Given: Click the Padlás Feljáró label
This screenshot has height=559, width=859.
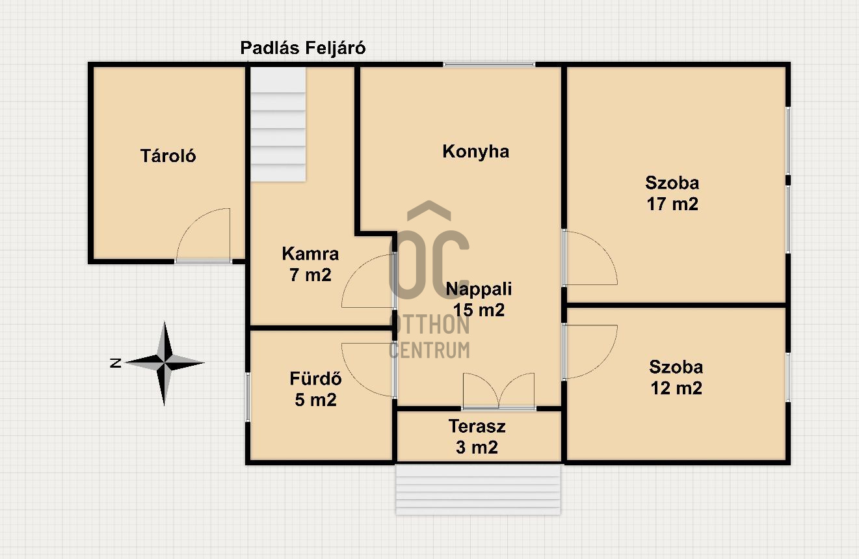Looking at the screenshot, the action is tap(302, 48).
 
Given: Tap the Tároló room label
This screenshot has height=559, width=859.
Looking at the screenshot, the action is tap(168, 156).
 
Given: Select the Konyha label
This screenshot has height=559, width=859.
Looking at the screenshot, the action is tap(475, 152).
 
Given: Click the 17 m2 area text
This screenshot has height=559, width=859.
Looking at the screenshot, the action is tap(672, 204).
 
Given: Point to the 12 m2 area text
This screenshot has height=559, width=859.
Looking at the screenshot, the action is tap(676, 388).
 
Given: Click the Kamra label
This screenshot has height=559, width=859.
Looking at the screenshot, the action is tap(310, 254).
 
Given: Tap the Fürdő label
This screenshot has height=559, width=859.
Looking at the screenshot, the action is tap(315, 378).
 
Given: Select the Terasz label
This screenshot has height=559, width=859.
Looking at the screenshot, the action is tap(477, 426).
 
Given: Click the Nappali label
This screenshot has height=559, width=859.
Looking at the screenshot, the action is tap(479, 289).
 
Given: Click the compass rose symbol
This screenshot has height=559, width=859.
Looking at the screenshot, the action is tap(165, 363).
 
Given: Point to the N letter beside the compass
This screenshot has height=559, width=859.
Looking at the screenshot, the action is tap(116, 363).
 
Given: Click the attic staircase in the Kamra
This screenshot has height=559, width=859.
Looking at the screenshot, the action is tap(278, 124).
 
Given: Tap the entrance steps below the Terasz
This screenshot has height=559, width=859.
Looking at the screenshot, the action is tap(478, 489).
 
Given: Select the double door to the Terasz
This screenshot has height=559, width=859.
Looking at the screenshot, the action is tap(499, 390).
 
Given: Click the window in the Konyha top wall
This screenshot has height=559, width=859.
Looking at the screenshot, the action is tap(489, 64).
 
